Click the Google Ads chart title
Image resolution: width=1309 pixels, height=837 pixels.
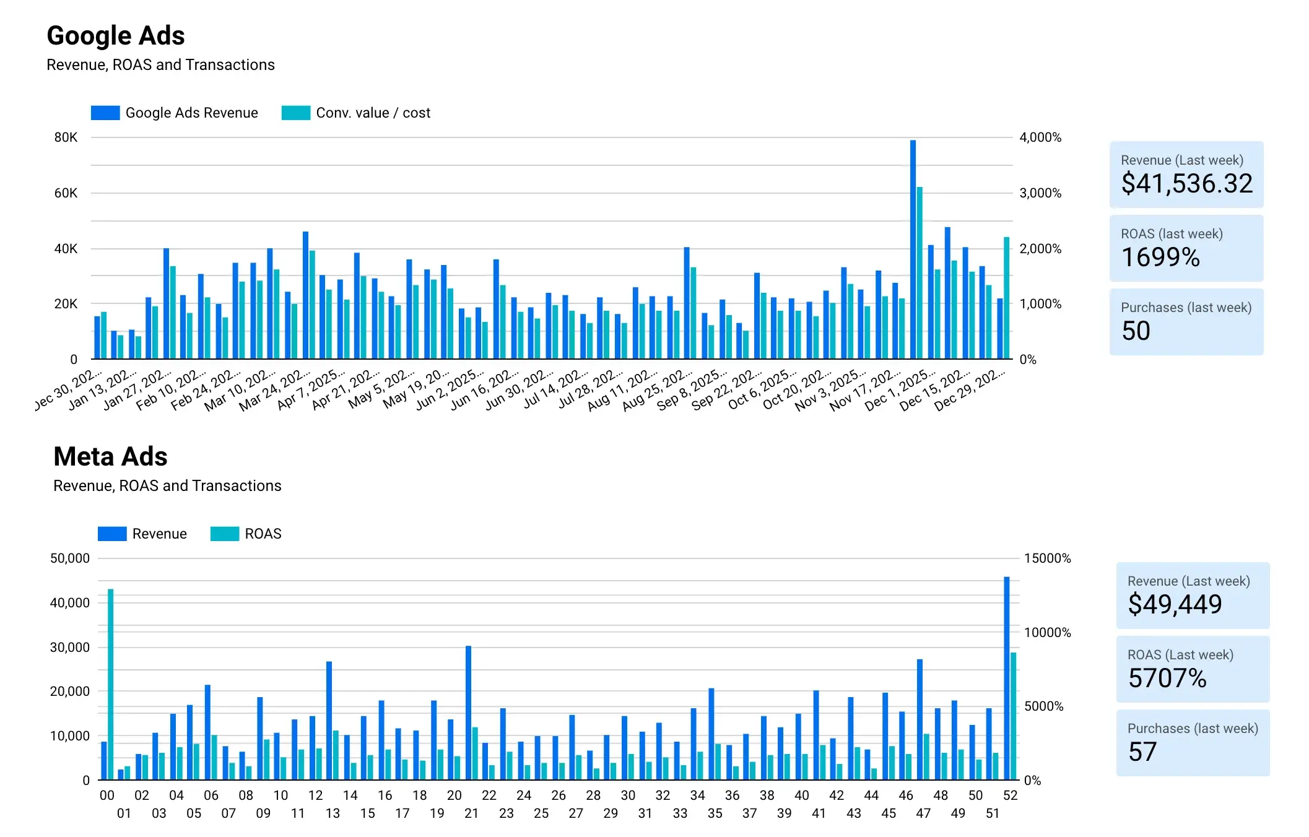(116, 36)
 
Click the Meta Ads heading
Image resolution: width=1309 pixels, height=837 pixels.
(110, 457)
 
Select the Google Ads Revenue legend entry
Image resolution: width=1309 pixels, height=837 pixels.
(174, 113)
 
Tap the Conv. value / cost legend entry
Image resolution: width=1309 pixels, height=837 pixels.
(356, 113)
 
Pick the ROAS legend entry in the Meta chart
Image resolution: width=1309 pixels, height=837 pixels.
(246, 534)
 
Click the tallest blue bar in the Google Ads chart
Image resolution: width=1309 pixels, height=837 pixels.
(913, 248)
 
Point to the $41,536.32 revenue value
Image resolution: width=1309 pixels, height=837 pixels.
(1186, 183)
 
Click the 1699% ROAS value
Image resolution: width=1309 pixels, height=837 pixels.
(1160, 257)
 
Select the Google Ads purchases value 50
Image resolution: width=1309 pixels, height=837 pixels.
(1136, 331)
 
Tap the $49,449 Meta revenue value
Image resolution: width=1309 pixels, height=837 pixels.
(1175, 604)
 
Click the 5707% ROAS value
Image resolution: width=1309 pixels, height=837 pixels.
(1167, 678)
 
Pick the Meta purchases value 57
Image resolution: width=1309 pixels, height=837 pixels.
(1142, 752)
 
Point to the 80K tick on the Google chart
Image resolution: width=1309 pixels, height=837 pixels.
(66, 137)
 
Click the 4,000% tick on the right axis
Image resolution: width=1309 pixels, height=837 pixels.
(1040, 137)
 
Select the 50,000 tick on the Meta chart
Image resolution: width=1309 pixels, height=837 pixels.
(69, 558)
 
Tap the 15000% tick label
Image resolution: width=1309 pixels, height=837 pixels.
(1047, 558)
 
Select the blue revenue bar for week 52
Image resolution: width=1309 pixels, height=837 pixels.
(1006, 678)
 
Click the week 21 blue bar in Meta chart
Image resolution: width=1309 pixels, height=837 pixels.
(468, 712)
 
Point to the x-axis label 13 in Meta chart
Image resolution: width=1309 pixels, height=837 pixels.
(333, 813)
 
